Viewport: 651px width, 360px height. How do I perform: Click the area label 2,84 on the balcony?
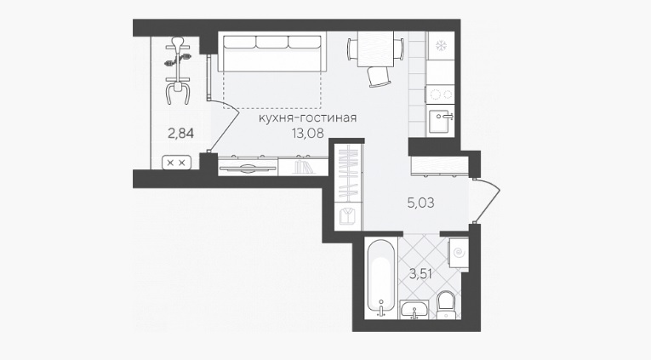pyautogui.click(x=180, y=134)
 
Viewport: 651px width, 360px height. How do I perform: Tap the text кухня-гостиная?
pyautogui.click(x=308, y=117)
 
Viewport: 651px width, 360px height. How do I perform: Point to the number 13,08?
pyautogui.click(x=308, y=133)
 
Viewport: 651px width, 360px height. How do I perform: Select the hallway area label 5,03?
pyautogui.click(x=420, y=203)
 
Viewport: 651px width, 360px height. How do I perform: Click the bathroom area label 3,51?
pyautogui.click(x=420, y=274)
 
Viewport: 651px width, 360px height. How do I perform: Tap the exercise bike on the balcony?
pyautogui.click(x=178, y=70)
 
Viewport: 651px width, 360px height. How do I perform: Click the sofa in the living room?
pyautogui.click(x=272, y=52)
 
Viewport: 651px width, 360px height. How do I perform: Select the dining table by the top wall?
pyautogui.click(x=375, y=49)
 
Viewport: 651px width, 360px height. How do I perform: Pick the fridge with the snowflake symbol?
pyautogui.click(x=441, y=46)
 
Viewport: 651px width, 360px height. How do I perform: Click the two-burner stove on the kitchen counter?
pyautogui.click(x=441, y=94)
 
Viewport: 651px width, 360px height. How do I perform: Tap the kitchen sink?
pyautogui.click(x=441, y=120)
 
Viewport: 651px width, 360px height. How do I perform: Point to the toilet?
pyautogui.click(x=447, y=305)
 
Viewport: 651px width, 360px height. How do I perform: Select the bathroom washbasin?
pyautogui.click(x=414, y=309)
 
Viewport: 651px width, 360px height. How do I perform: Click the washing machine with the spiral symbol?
pyautogui.click(x=459, y=254)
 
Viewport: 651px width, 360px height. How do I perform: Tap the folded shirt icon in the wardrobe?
pyautogui.click(x=347, y=216)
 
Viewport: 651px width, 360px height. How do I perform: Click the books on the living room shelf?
pyautogui.click(x=302, y=167)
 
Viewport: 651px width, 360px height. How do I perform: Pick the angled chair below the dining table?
pyautogui.click(x=379, y=77)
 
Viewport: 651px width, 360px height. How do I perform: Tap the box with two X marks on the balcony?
pyautogui.click(x=176, y=163)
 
